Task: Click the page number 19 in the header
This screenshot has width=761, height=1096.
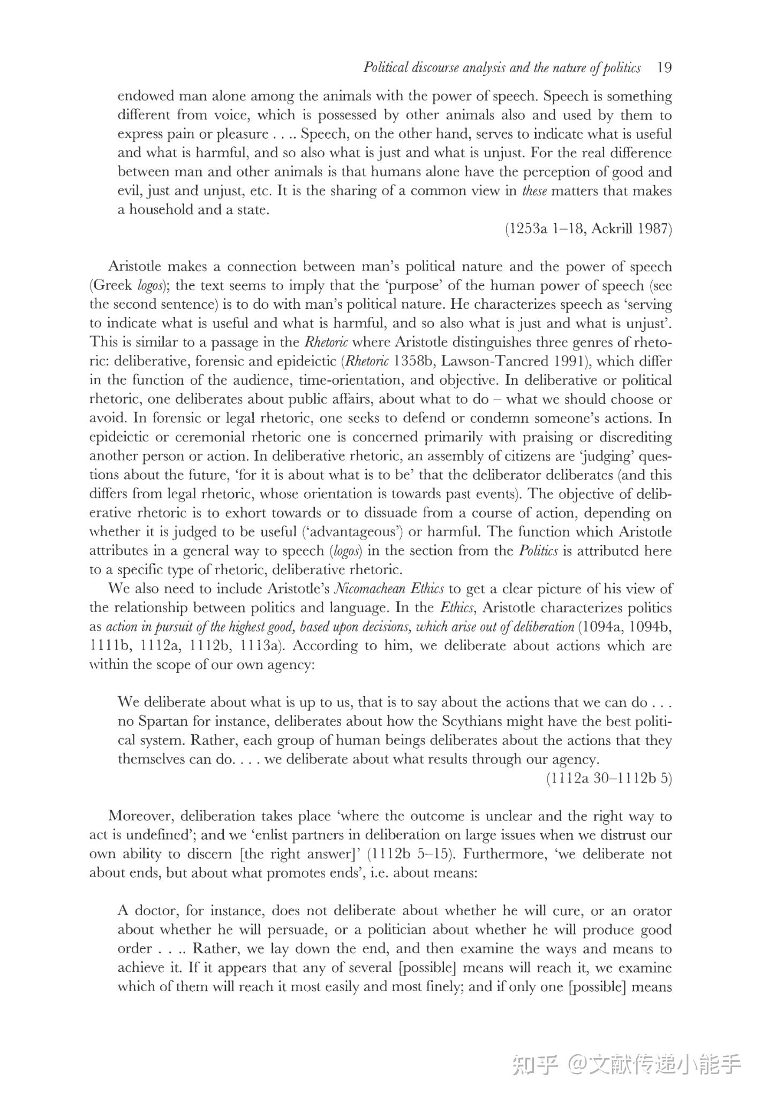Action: pos(664,68)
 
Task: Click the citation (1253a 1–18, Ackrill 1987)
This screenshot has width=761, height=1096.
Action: pos(588,229)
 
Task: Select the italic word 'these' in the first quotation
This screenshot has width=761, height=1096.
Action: pos(534,191)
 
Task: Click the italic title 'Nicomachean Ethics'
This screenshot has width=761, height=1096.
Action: pos(388,589)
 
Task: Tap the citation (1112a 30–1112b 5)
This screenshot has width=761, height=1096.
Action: pos(609,778)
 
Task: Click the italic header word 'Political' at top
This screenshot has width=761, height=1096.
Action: pos(383,68)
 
